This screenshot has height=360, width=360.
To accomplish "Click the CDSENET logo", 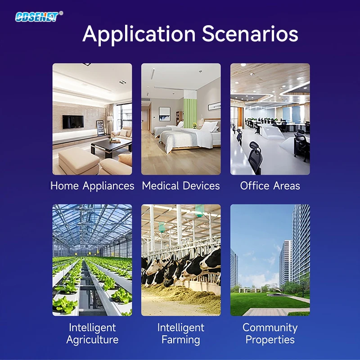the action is point(37,17).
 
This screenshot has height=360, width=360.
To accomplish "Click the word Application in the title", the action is point(139,35).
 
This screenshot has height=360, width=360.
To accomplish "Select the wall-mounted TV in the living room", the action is point(73,122).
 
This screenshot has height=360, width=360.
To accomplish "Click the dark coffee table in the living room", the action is point(111,148).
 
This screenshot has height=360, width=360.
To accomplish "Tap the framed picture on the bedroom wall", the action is point(165,114).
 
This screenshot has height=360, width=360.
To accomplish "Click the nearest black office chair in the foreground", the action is point(256,158).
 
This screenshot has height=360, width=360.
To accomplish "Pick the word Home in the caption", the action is point(64,185).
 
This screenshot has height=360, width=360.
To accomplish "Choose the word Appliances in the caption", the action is point(108,186).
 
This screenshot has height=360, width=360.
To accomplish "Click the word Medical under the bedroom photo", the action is point(160,185).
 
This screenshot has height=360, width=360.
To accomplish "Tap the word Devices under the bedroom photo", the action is point(201,185).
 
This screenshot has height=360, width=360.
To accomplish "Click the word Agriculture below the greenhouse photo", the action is point(92,340).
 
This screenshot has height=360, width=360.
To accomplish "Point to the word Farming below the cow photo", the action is point(181,340).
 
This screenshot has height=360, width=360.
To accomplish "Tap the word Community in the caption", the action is point(270,328).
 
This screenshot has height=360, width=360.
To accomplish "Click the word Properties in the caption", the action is point(270,340).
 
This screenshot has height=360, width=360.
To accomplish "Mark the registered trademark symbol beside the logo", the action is point(61,13).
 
